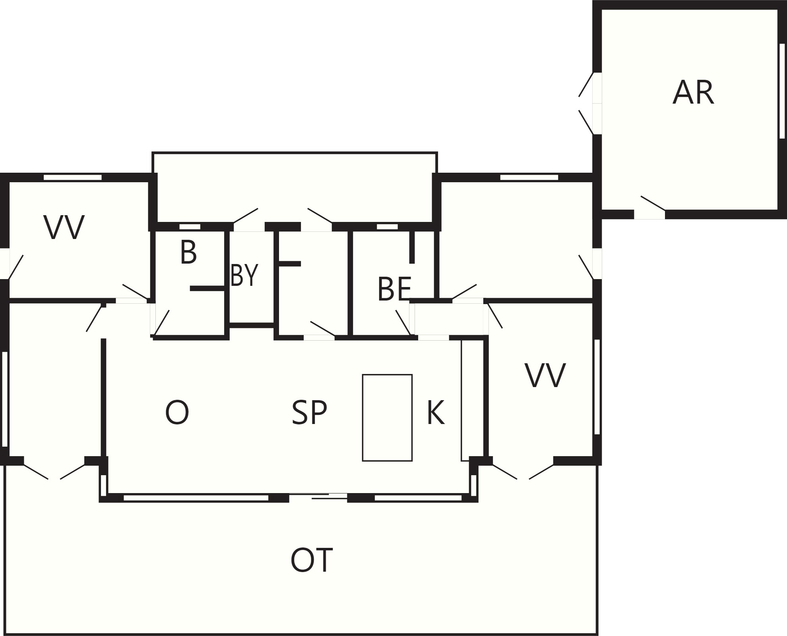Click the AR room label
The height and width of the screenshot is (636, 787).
tap(693, 93)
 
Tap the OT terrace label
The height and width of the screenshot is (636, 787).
tap(312, 560)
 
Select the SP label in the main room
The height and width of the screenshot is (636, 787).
tap(309, 413)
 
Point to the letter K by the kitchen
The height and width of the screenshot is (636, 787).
tap(436, 413)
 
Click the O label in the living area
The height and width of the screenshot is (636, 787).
tap(177, 413)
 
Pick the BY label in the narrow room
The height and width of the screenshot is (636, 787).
tap(244, 275)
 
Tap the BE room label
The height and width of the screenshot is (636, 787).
tap(394, 289)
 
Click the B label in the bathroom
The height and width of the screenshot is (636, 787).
tap(188, 252)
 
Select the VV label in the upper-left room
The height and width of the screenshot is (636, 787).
tap(64, 227)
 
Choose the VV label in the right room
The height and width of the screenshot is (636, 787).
tap(545, 375)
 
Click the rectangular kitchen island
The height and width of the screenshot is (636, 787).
tap(387, 418)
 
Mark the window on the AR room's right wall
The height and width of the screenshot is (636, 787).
tap(782, 91)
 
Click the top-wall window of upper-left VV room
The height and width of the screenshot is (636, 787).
tap(73, 177)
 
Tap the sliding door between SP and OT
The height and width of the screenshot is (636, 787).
tap(318, 496)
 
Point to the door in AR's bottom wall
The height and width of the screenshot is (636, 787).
tap(649, 214)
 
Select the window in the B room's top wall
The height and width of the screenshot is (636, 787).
tap(190, 227)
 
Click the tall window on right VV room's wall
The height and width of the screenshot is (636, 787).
tap(597, 387)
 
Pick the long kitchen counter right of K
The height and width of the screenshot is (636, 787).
tap(465, 400)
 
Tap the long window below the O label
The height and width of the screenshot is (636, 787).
tap(196, 498)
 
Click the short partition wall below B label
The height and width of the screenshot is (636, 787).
tap(208, 289)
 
